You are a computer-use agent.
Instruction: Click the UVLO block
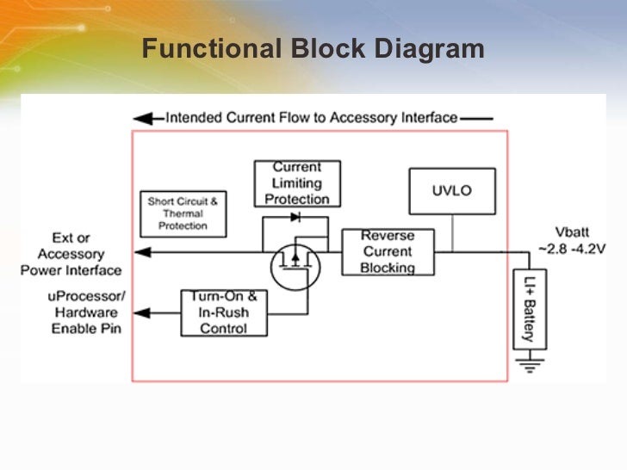452,191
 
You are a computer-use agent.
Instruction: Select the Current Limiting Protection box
297,183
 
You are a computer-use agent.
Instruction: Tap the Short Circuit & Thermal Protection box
183,213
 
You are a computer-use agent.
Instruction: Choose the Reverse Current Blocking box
388,251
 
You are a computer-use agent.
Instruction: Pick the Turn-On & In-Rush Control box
224,312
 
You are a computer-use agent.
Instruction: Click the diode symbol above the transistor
295,218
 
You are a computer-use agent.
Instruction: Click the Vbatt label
572,232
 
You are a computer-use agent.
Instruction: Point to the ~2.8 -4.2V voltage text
572,248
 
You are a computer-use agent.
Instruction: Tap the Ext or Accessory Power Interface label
71,254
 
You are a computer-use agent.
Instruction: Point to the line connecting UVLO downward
452,232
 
